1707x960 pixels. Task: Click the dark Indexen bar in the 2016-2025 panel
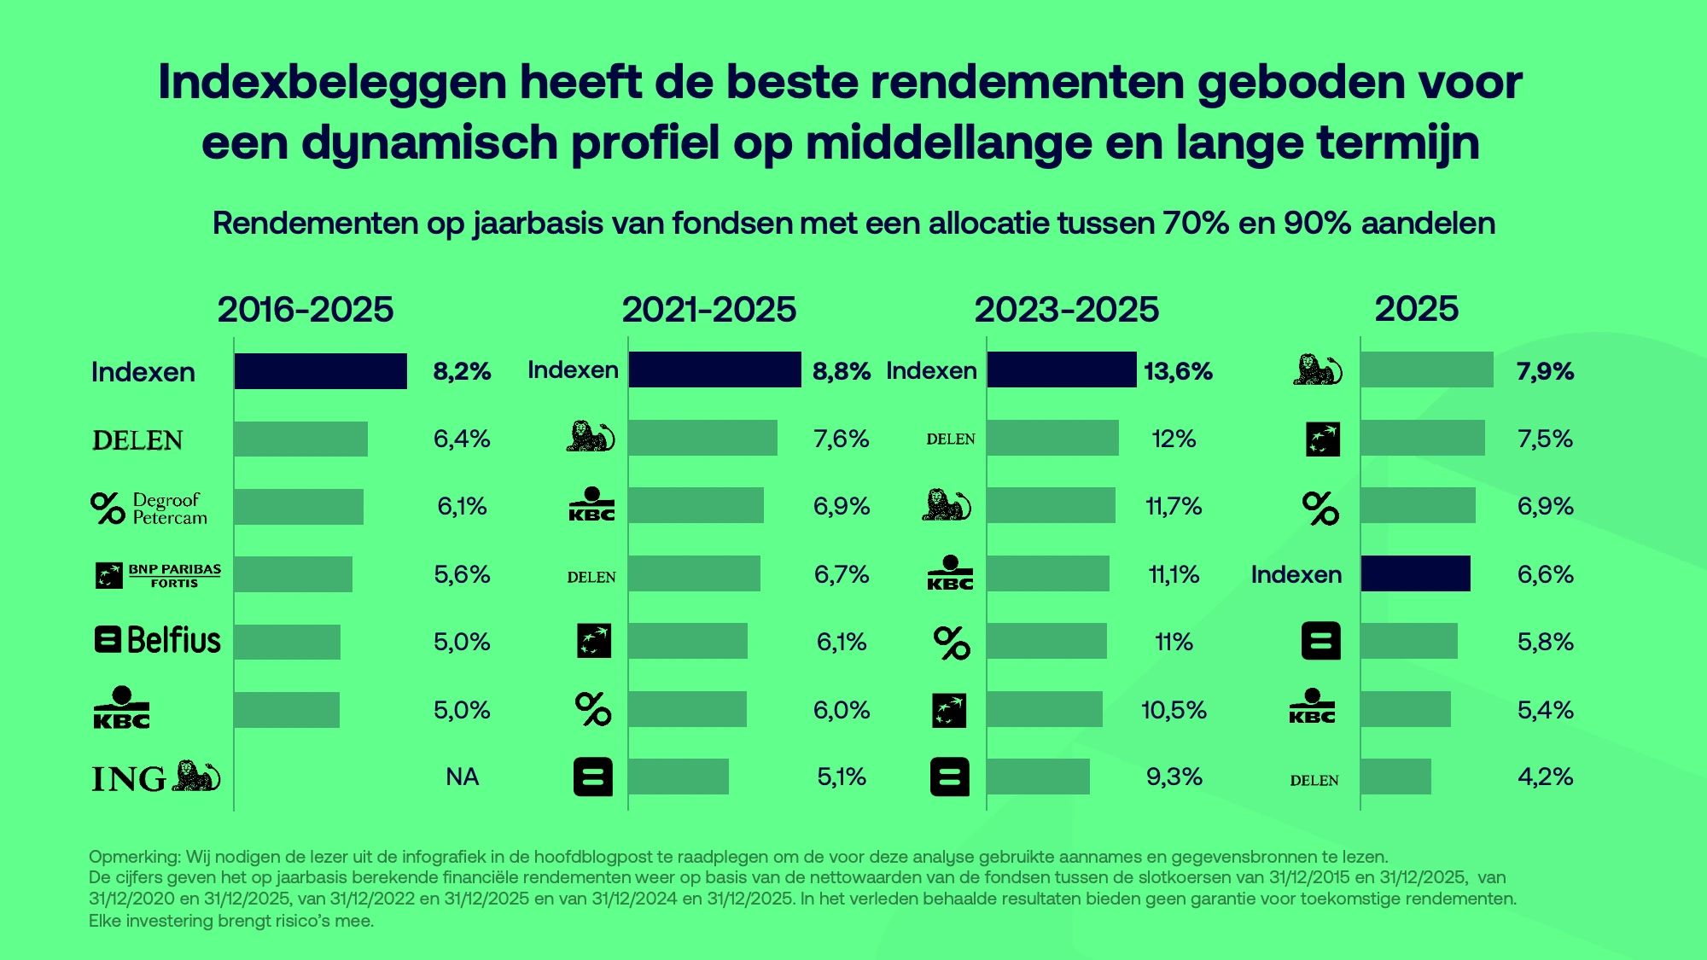tap(320, 371)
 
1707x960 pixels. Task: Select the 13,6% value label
tap(1178, 371)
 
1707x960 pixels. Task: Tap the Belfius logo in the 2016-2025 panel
tap(157, 640)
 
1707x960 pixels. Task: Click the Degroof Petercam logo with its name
tap(149, 508)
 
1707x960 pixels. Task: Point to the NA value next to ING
tap(462, 777)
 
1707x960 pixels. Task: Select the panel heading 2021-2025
tap(708, 309)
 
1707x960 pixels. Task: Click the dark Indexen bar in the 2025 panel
tap(1415, 573)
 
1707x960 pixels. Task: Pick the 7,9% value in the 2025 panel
tap(1545, 371)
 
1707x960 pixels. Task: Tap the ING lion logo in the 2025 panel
tap(1317, 369)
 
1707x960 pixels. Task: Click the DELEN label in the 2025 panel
tap(1314, 780)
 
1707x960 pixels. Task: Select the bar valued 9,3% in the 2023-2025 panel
tap(1038, 777)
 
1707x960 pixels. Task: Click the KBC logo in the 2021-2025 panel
tap(591, 505)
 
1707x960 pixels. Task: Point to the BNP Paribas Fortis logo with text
tap(158, 575)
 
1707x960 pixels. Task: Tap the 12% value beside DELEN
tap(1174, 439)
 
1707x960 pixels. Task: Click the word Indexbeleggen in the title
tap(333, 83)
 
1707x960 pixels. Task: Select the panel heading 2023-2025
tap(1066, 309)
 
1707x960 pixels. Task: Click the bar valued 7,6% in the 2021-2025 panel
tap(702, 438)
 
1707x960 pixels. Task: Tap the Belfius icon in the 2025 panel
tap(1320, 641)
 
